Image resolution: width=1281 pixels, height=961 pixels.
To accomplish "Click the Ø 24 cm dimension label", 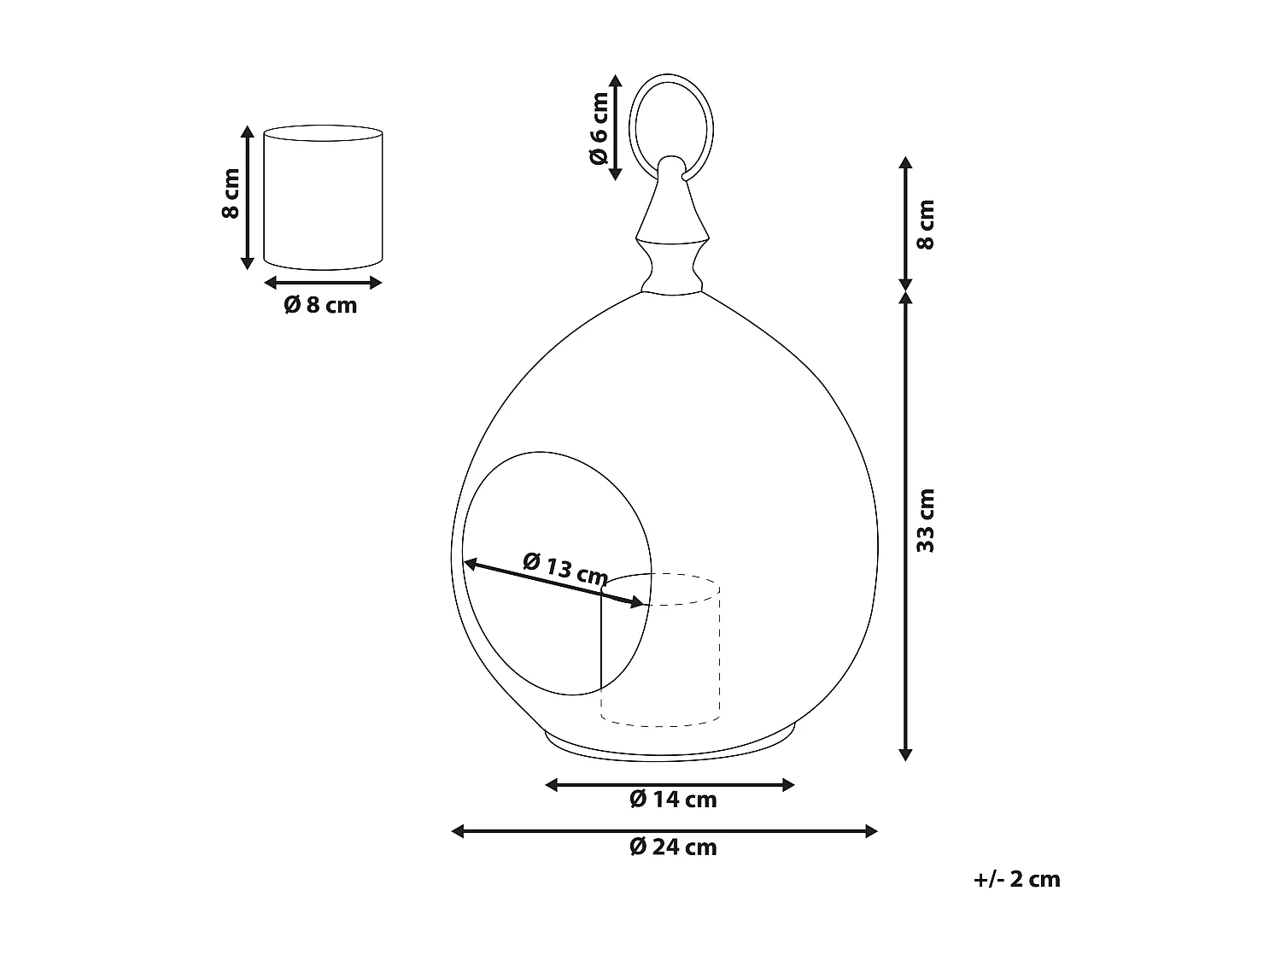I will coord(672,847).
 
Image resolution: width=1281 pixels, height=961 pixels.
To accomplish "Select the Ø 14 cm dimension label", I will coord(672,800).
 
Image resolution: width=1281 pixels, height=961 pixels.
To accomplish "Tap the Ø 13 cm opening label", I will coord(564,569).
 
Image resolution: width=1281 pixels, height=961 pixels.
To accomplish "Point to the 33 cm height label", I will coord(926,520).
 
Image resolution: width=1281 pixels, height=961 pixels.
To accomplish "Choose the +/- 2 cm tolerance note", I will coord(1016,879).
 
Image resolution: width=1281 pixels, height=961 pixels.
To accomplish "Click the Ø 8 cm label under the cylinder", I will coord(320,305).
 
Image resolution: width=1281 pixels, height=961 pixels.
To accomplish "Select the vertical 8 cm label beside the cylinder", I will coord(230,195).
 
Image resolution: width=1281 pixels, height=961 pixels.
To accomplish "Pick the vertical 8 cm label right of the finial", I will coord(926,224).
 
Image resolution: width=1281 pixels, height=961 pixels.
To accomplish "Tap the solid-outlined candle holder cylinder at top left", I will coord(323,196).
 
